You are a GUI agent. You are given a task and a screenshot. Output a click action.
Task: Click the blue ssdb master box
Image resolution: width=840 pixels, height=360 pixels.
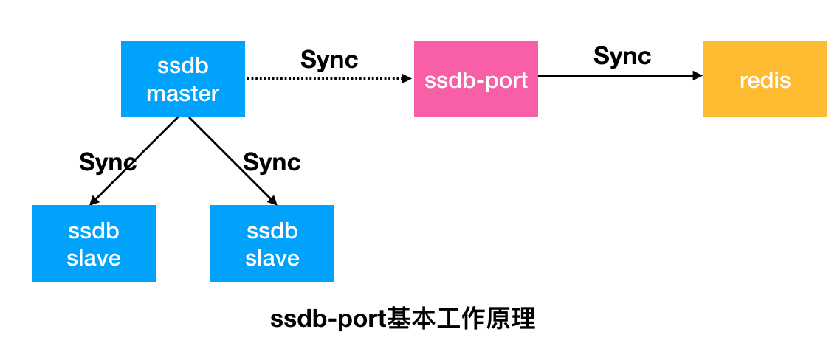coord(182,78)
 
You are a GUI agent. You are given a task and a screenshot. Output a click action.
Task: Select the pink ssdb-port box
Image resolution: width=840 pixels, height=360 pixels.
coord(475,78)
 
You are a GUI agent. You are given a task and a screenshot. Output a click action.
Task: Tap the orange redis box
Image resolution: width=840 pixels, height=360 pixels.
coord(765,78)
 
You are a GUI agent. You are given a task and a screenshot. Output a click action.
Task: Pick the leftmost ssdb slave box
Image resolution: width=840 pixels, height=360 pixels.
coord(94,243)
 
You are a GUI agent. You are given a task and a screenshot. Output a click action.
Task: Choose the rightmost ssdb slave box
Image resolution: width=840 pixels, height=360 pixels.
coord(272,243)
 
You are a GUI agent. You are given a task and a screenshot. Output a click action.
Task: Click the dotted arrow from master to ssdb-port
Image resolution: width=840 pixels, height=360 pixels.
coord(325,77)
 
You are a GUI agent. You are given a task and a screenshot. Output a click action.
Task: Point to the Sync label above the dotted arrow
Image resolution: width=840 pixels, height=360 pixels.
coord(329,60)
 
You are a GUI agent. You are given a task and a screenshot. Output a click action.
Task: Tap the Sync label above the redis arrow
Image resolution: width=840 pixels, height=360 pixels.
coord(622,56)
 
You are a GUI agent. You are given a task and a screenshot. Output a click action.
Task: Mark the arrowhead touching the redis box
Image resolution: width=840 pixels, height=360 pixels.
coord(698,75)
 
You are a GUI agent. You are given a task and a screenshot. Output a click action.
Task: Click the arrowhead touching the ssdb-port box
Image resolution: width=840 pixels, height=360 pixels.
coord(407,77)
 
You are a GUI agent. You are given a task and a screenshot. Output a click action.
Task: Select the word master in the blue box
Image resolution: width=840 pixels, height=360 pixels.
coord(182,94)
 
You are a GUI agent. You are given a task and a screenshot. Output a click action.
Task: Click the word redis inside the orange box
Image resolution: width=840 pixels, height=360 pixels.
coord(765,80)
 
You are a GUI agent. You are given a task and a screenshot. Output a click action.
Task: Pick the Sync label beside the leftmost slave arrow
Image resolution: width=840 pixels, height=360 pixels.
coord(108,162)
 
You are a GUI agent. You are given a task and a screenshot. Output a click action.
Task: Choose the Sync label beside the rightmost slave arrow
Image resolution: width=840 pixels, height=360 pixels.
coord(272,162)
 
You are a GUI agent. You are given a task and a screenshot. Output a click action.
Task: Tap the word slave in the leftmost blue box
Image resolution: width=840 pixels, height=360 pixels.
coord(94,258)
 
